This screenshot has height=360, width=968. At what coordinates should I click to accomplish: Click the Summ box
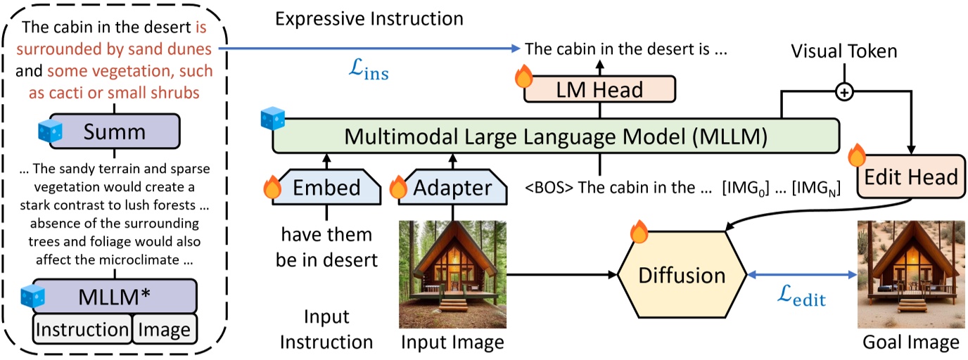[x=115, y=133]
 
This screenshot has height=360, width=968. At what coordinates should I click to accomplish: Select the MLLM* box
[x=115, y=295]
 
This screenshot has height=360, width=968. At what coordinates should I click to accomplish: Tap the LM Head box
[x=599, y=89]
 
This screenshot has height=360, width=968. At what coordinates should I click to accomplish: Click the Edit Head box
[x=910, y=176]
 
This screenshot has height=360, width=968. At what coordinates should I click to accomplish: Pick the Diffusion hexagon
[x=681, y=274]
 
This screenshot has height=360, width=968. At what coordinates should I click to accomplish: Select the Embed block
[x=326, y=187]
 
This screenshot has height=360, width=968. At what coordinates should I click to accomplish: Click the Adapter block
[x=452, y=187]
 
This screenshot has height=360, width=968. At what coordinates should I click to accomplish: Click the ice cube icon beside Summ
[x=51, y=130]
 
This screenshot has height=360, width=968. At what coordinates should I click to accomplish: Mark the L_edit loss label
[x=800, y=300]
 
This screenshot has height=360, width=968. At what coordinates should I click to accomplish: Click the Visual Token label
[x=843, y=51]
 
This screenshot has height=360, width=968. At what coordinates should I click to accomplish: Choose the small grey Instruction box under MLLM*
[x=82, y=329]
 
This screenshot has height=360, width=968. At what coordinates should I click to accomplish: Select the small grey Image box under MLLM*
[x=164, y=329]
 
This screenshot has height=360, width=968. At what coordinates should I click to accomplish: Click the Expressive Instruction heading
[x=369, y=19]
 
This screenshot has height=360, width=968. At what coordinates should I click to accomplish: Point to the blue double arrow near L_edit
[x=800, y=274]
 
